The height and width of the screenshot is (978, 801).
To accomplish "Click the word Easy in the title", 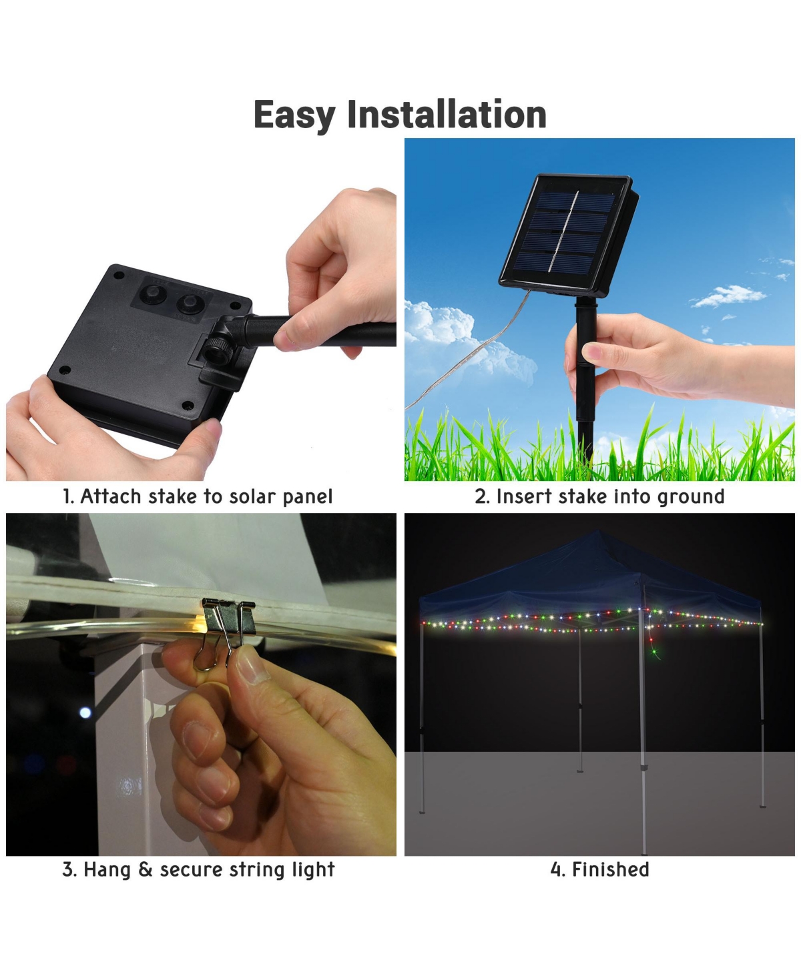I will click(x=294, y=115).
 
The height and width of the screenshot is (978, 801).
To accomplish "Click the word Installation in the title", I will click(x=447, y=114).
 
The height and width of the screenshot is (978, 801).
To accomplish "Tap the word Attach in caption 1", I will click(x=111, y=496).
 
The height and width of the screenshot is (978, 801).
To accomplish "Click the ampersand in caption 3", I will click(x=146, y=869).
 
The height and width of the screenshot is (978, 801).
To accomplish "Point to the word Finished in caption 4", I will click(x=610, y=869).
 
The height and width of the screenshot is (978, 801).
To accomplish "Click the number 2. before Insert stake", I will click(x=482, y=497).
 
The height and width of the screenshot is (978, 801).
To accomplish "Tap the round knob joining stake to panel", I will click(x=215, y=348).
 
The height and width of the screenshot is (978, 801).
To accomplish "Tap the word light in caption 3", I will click(x=313, y=869).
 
